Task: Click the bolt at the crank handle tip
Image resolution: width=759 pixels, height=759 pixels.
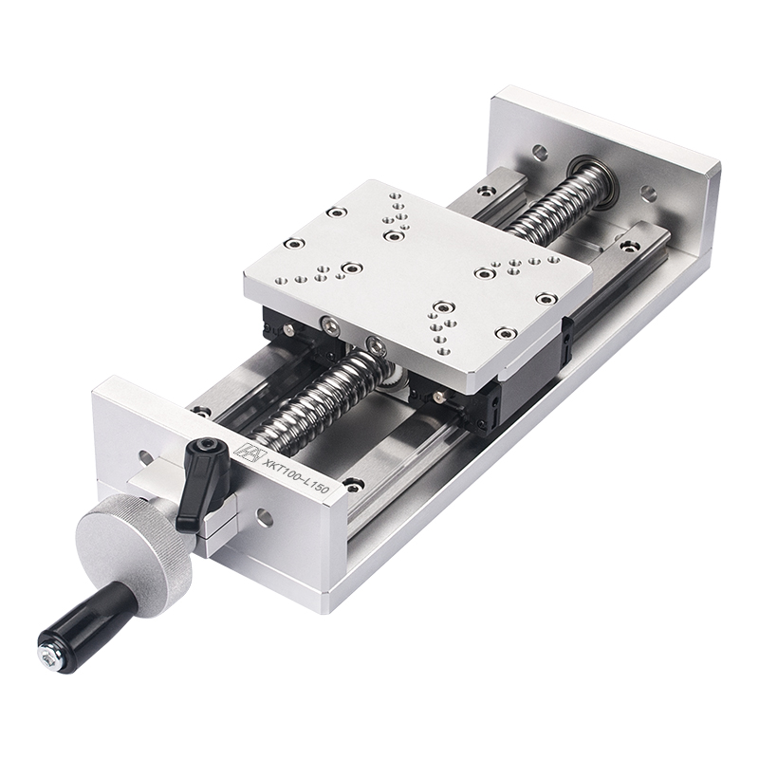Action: click(x=45, y=654)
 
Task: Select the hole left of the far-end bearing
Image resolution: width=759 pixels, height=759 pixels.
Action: click(x=539, y=151)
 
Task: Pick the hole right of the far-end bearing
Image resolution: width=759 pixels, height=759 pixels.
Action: click(x=649, y=194)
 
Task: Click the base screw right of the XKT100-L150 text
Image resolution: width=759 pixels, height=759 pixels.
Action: click(x=353, y=486)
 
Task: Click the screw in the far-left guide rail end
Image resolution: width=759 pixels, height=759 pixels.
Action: click(x=486, y=193)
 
